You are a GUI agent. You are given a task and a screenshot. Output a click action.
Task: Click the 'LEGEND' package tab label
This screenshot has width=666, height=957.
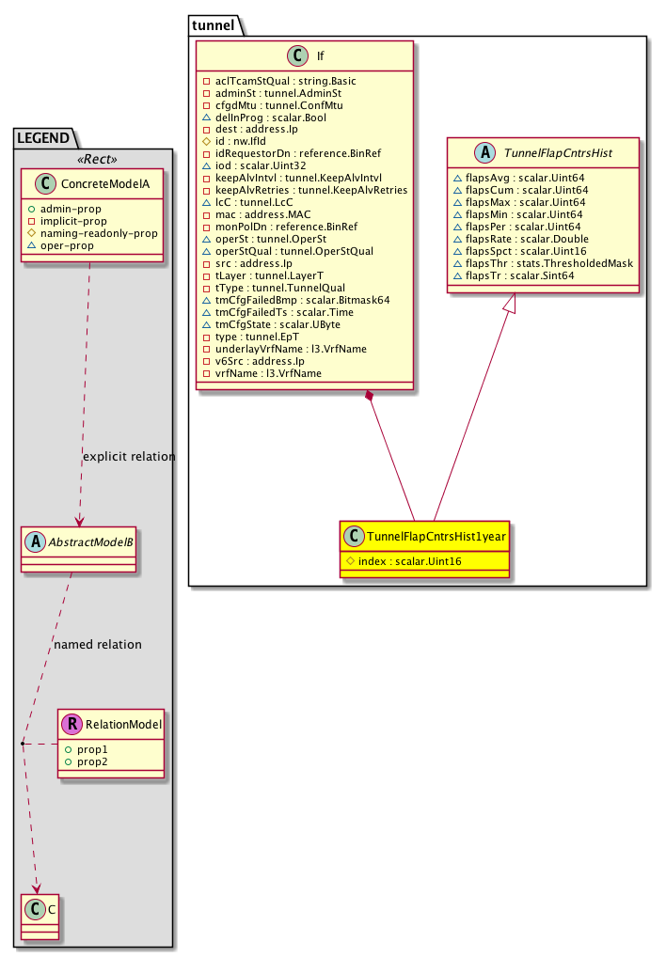tap(42, 138)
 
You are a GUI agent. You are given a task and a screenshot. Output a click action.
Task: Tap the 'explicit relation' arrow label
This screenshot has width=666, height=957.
tap(129, 457)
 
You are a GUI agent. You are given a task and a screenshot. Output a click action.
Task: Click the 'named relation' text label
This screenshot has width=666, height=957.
tap(98, 645)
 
